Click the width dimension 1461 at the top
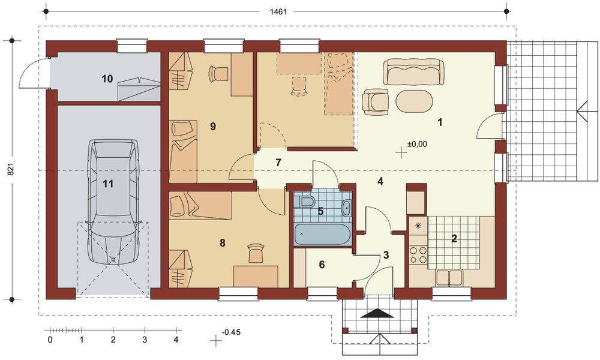click(x=278, y=11)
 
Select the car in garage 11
click(x=113, y=202)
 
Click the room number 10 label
click(x=107, y=79)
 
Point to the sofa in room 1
click(x=414, y=71)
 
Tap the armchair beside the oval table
click(x=376, y=102)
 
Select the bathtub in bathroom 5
click(x=322, y=234)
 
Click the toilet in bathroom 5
click(x=307, y=202)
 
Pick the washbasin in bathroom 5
click(x=346, y=208)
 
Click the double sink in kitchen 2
click(x=449, y=277)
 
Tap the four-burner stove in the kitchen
click(x=418, y=255)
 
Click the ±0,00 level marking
click(x=417, y=144)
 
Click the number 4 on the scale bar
click(x=176, y=340)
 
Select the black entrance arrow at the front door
click(x=378, y=313)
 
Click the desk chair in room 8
click(x=255, y=253)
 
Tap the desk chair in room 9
click(x=218, y=73)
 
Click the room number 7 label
click(x=278, y=162)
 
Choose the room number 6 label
click(x=322, y=265)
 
